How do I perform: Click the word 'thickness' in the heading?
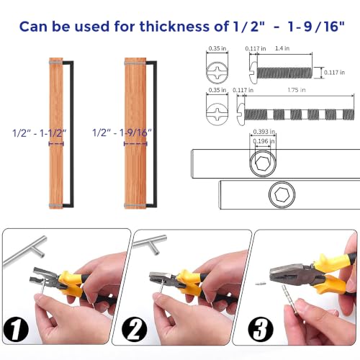pos(174,27)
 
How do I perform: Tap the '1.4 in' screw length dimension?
pos(282,48)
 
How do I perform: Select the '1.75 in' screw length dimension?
pos(297,90)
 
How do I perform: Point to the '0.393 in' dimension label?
pos(264,132)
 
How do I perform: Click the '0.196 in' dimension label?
pos(264,141)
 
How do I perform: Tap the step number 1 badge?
pos(16,329)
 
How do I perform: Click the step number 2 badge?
pos(135,329)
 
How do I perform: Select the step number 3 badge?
pos(261,329)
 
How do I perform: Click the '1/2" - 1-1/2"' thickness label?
pos(40,133)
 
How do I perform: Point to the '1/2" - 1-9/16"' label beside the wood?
pos(122,132)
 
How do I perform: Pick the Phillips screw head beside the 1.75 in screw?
pos(217,114)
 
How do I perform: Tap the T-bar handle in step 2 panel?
pos(150,244)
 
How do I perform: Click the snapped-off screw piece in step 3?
pos(261,284)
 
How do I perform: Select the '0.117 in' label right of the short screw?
pos(334,73)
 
